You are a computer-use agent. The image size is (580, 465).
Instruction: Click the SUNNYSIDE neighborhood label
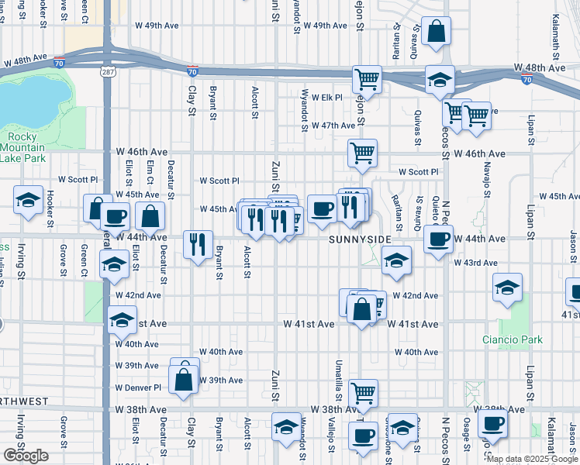(x=360, y=240)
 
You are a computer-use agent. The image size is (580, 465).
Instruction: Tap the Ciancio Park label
(x=512, y=339)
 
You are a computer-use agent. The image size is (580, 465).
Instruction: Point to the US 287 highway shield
(x=107, y=71)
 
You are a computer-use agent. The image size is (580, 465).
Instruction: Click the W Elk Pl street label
(x=326, y=97)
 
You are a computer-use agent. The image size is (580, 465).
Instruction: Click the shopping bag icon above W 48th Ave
(x=437, y=32)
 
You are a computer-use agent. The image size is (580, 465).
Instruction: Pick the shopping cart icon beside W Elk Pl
(x=368, y=79)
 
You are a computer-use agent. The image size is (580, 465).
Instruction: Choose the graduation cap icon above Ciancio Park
(x=508, y=288)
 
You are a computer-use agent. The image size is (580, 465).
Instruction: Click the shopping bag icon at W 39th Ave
(x=183, y=381)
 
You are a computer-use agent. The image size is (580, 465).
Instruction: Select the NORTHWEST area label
(x=22, y=402)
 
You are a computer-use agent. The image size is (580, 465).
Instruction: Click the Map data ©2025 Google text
(x=532, y=459)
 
